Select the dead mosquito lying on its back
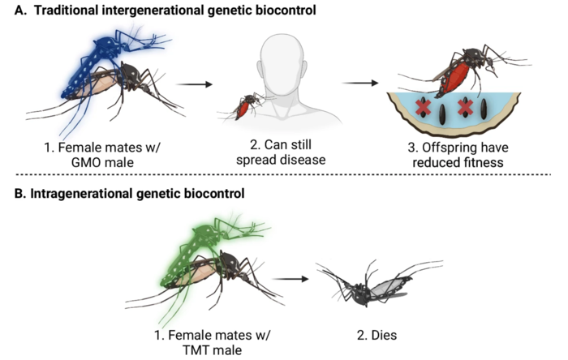(x=377, y=284)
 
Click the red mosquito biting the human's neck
(x=243, y=105)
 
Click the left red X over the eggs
(x=423, y=107)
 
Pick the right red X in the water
(x=466, y=107)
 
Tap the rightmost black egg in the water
(x=484, y=109)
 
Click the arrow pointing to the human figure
(x=194, y=84)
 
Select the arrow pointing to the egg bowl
(x=360, y=84)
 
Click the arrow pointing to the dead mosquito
(x=290, y=279)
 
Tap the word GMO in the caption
(x=87, y=162)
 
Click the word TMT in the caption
(x=196, y=350)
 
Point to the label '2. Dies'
(x=377, y=335)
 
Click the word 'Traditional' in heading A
(x=67, y=10)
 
